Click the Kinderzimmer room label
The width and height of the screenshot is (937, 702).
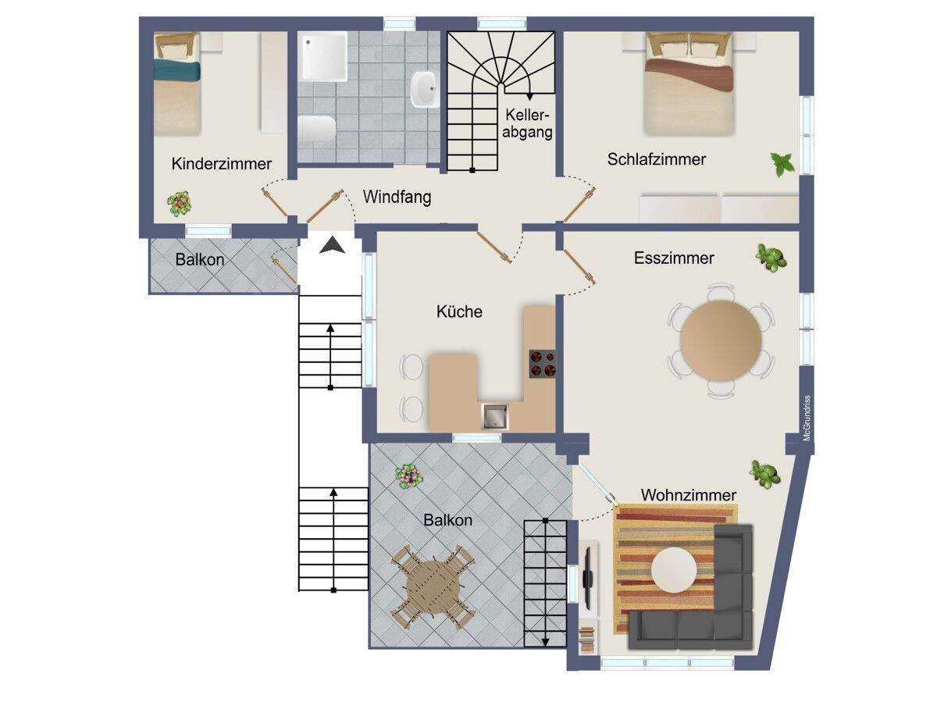click(221, 163)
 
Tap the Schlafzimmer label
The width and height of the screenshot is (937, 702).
click(656, 159)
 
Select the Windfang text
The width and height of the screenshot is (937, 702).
click(397, 197)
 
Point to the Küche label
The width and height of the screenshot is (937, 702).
click(459, 311)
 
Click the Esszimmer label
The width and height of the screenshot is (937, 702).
click(674, 258)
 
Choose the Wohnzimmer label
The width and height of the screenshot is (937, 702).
click(689, 495)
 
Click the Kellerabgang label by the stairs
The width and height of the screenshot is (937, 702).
click(527, 123)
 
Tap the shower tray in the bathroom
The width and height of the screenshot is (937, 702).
click(324, 57)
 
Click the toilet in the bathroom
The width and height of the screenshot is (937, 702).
click(317, 128)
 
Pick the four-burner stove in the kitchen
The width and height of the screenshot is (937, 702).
click(543, 364)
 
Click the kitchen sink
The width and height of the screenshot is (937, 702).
click(495, 416)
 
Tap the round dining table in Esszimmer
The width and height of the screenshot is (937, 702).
click(721, 340)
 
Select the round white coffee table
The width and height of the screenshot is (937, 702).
click(674, 570)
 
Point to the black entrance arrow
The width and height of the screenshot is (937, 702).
click(333, 246)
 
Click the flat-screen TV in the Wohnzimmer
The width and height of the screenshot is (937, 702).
click(589, 579)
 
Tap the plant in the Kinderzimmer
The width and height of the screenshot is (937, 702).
click(179, 204)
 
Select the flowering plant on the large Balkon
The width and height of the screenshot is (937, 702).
click(408, 476)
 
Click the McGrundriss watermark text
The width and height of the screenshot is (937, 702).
click(807, 418)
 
